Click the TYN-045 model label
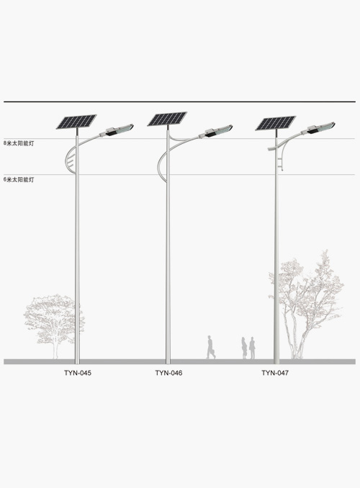[78, 373]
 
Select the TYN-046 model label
[168, 373]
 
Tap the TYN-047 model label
[275, 373]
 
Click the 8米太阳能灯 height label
[19, 143]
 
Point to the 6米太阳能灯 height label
[19, 179]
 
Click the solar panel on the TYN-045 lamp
[76, 122]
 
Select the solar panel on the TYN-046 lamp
[167, 119]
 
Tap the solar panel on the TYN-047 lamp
[276, 123]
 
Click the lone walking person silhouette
[210, 347]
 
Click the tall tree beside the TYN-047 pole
[307, 305]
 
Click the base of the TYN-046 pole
[168, 361]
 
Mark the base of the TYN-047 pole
[276, 361]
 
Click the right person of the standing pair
[252, 348]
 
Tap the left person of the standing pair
[244, 348]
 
